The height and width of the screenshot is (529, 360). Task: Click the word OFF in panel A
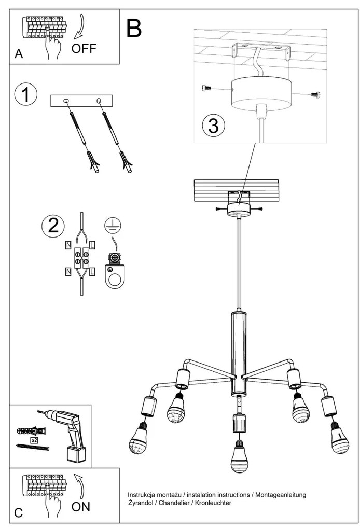coord(84,49)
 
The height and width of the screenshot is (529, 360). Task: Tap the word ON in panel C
coord(81,507)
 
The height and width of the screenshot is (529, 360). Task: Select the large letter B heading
coord(133,29)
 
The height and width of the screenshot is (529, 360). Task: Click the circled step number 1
coord(25,95)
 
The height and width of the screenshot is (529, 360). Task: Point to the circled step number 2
coord(52,226)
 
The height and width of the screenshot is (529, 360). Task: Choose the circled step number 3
coord(213,126)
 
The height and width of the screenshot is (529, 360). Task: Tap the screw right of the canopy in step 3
coord(315,94)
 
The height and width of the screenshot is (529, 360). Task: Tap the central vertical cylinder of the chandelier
coord(238,345)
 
